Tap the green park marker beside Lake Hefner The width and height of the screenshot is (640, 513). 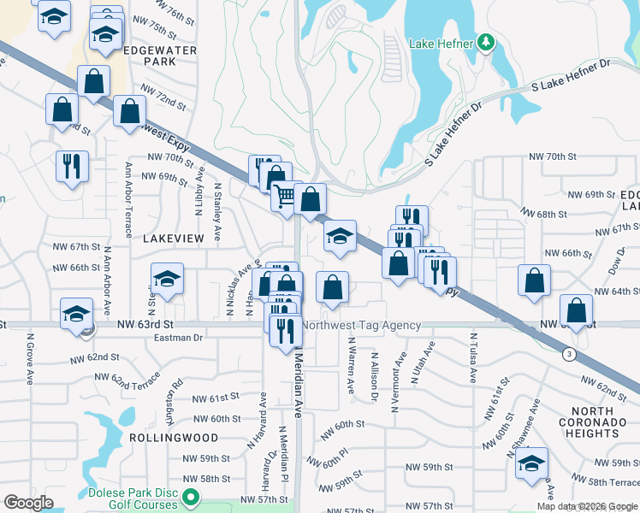486,42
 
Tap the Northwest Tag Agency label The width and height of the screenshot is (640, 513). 363,326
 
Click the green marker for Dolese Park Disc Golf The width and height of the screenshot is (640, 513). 192,495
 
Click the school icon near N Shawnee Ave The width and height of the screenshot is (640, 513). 531,463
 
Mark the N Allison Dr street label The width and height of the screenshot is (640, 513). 374,376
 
